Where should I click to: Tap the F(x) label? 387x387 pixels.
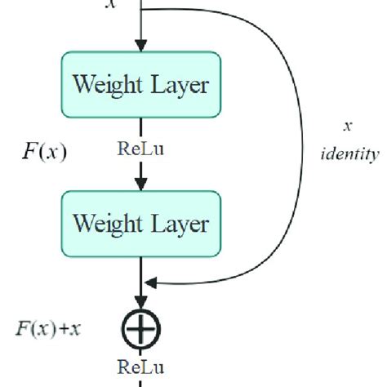coord(44,151)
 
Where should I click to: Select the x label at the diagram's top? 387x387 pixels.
coord(111,5)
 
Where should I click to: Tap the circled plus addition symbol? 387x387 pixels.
coord(143,329)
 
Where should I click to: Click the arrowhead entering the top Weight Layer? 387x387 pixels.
coord(143,46)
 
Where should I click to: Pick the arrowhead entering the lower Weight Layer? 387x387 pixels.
coord(143,185)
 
